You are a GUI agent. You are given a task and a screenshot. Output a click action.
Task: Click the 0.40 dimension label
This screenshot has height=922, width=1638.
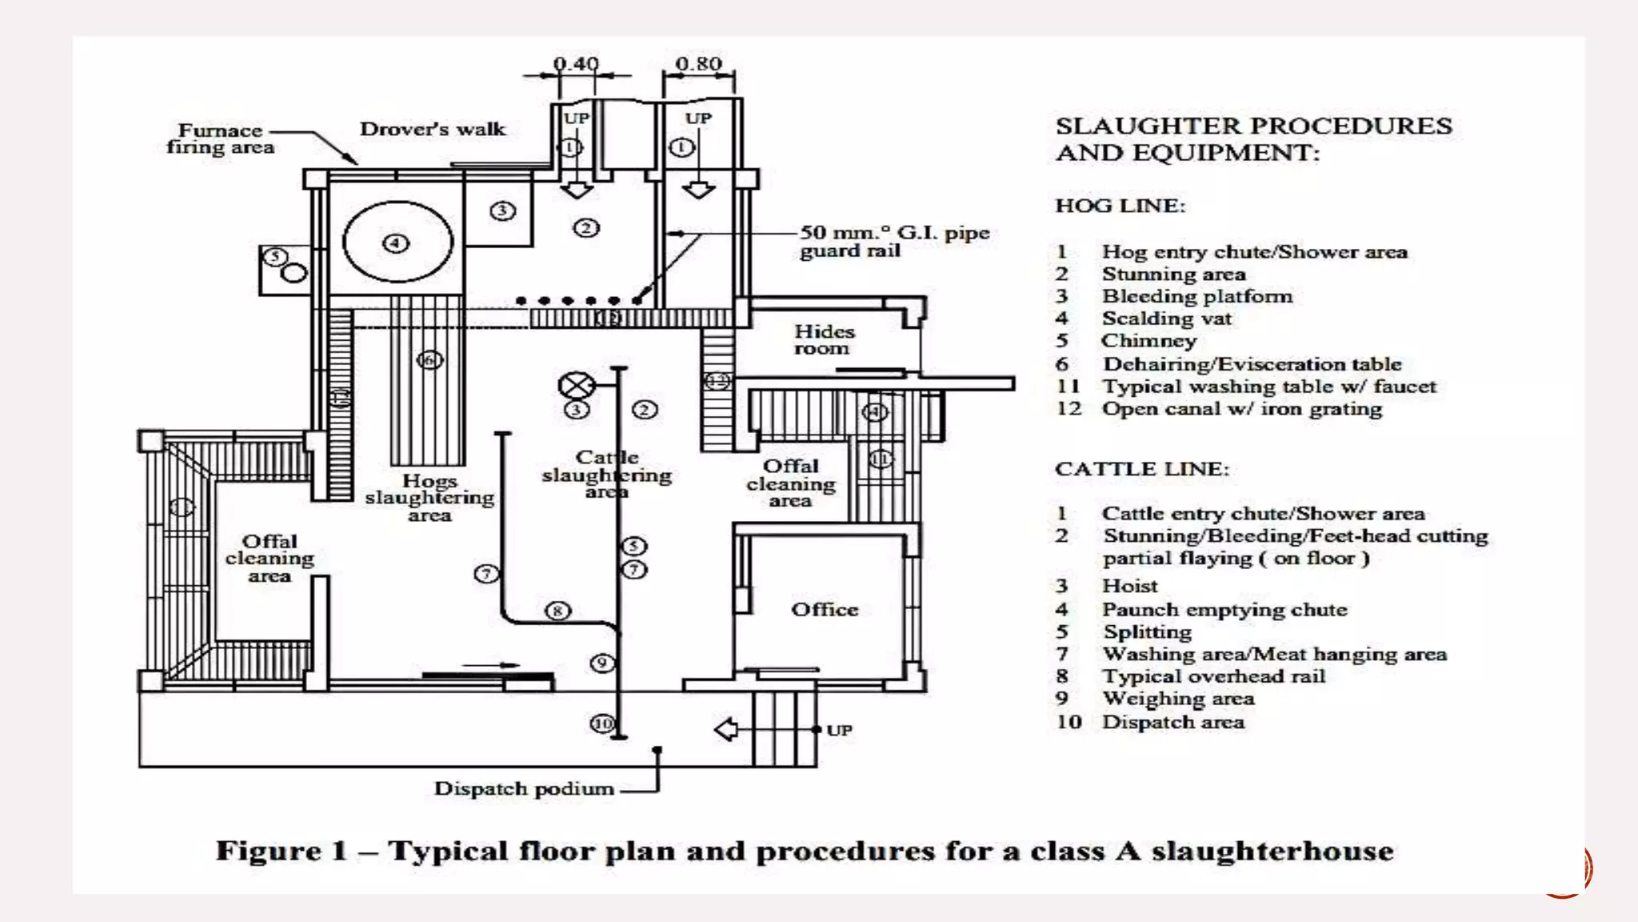[576, 63]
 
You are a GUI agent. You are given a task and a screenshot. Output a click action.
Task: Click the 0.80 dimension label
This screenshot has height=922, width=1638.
[698, 63]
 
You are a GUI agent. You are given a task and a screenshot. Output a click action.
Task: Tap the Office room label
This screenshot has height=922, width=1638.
[825, 610]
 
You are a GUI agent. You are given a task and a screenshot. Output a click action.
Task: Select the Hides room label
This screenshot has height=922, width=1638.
[824, 339]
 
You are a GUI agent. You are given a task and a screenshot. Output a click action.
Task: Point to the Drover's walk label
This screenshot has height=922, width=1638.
[433, 129]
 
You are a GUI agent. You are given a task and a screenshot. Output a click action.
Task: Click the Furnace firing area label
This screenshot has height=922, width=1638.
[221, 138]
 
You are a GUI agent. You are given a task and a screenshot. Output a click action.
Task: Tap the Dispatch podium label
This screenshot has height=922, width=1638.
[524, 788]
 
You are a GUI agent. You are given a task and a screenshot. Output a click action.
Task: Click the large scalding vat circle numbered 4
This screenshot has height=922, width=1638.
[398, 242]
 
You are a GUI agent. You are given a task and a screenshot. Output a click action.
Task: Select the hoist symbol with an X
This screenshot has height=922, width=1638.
[576, 386]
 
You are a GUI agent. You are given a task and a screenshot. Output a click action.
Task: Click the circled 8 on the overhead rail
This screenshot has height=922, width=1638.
[557, 611]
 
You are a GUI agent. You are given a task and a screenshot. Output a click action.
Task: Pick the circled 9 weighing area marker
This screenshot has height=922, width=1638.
[602, 663]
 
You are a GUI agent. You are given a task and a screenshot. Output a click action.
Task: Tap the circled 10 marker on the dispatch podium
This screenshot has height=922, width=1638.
[602, 724]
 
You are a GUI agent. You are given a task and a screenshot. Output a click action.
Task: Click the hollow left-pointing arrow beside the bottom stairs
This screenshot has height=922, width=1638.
[725, 729]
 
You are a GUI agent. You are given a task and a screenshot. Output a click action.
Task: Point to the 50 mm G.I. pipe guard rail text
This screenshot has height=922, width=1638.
[894, 241]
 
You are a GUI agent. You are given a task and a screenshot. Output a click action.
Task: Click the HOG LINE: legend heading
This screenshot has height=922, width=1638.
[1120, 206]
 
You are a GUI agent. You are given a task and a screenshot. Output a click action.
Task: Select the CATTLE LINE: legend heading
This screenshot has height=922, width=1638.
[1141, 469]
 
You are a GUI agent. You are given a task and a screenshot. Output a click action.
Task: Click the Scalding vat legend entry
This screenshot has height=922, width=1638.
[1166, 319]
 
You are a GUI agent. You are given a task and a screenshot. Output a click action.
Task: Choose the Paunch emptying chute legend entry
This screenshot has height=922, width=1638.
[1224, 610]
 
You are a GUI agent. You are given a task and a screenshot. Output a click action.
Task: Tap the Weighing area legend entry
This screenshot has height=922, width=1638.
[1177, 699]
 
